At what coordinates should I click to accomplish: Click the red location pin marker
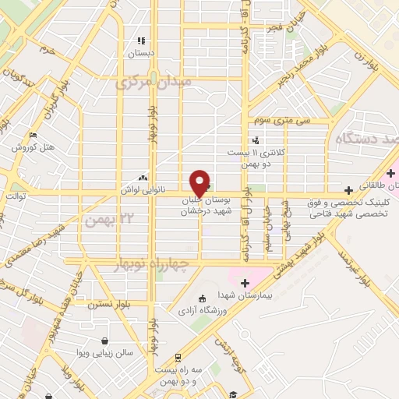coord(199,182)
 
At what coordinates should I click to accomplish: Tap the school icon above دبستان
coord(141,41)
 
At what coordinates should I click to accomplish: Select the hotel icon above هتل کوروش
coord(33,135)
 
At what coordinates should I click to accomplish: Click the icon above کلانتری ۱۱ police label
coord(256,139)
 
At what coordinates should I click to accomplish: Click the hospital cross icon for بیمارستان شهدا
coord(245,282)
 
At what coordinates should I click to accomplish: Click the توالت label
coord(16,196)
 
